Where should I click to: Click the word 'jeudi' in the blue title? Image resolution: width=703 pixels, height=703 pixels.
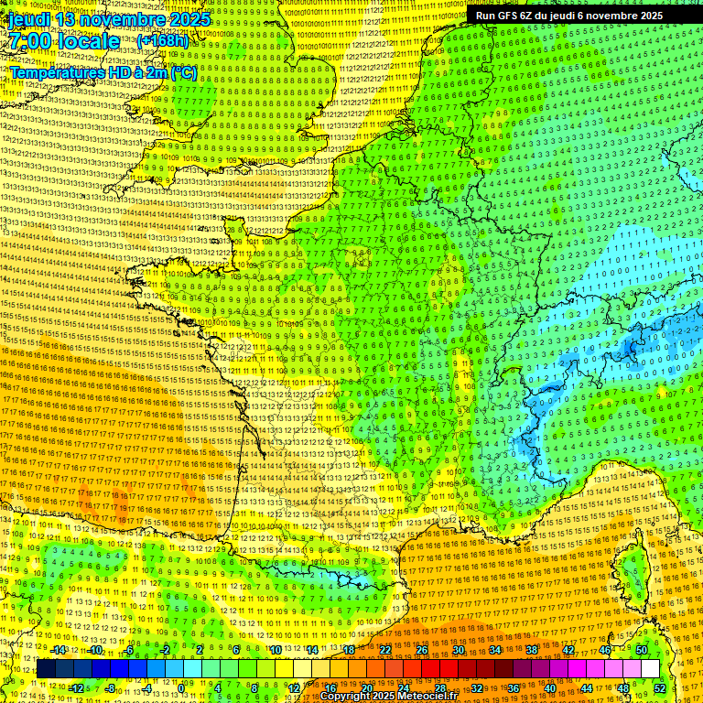tap(30, 19)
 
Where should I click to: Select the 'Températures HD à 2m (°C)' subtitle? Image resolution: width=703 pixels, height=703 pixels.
tap(103, 72)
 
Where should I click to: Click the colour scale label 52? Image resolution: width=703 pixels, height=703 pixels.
tap(660, 688)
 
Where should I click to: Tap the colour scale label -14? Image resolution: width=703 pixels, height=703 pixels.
tap(59, 650)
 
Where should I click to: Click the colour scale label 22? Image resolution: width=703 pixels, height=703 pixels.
tap(385, 650)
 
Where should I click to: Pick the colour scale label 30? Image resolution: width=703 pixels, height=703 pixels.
tap(459, 650)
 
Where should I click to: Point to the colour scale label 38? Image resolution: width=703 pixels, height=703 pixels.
tap(532, 650)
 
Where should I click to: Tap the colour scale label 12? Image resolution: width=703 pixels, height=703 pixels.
tap(294, 688)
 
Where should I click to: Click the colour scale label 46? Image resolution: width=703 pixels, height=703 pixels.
tap(605, 650)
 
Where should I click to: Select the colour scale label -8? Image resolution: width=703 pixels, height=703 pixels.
tap(110, 688)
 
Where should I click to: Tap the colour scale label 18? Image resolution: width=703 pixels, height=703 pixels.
tap(349, 650)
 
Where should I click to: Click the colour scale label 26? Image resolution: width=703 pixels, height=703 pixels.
tap(422, 650)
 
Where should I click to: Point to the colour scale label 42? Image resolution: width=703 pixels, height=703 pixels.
tap(568, 650)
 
